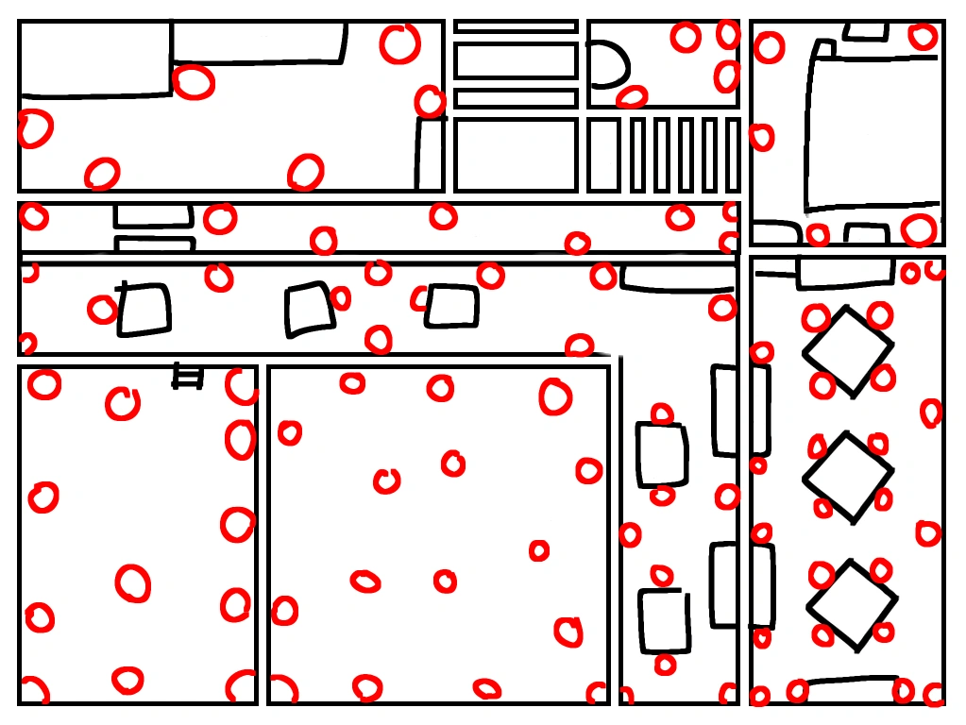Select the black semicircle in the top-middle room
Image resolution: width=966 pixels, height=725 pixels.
(x=609, y=64)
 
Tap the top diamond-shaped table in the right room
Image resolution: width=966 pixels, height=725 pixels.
(x=848, y=351)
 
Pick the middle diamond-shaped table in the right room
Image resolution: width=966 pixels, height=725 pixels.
(x=848, y=477)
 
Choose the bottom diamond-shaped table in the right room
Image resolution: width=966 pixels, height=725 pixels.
(x=852, y=605)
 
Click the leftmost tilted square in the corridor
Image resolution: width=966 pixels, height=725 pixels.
(x=144, y=310)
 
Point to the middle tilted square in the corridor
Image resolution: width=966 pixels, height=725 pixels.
(x=310, y=310)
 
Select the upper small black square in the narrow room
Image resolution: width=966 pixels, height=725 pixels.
(x=661, y=455)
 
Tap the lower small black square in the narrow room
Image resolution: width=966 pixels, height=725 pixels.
(x=664, y=620)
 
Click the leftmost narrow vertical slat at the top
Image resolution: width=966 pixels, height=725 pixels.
(x=637, y=155)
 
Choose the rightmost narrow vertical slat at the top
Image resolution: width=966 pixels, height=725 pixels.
(x=733, y=155)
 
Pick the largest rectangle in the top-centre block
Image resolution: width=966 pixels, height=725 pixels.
(x=515, y=155)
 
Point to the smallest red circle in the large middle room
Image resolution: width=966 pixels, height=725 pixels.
(x=539, y=550)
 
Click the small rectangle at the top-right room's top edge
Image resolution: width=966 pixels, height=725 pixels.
(x=866, y=30)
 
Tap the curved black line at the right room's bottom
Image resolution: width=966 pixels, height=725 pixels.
(x=852, y=679)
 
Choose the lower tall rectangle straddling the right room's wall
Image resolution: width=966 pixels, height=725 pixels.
(x=741, y=585)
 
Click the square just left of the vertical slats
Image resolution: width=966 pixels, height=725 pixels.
(x=604, y=155)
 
